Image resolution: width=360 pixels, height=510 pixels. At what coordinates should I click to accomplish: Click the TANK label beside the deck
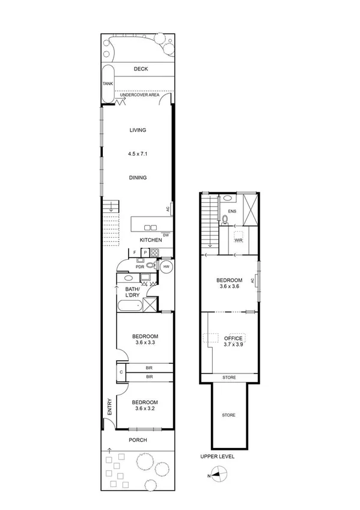pyautogui.click(x=108, y=84)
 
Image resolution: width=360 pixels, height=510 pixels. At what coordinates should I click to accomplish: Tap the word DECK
pyautogui.click(x=141, y=70)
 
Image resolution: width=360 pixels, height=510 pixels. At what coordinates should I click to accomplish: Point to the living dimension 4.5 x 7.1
pyautogui.click(x=138, y=154)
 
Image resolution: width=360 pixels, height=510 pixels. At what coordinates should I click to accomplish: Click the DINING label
pyautogui.click(x=138, y=177)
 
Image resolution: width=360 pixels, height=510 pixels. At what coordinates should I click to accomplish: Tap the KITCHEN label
pyautogui.click(x=151, y=241)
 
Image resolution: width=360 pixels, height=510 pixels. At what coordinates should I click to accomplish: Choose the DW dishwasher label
pyautogui.click(x=166, y=235)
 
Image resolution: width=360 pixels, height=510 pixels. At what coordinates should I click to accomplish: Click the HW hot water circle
pyautogui.click(x=166, y=265)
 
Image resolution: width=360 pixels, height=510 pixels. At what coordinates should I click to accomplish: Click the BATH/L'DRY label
pyautogui.click(x=132, y=293)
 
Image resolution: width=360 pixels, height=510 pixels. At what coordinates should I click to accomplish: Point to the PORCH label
pyautogui.click(x=138, y=440)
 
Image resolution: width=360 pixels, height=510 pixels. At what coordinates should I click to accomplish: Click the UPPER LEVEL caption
pyautogui.click(x=218, y=456)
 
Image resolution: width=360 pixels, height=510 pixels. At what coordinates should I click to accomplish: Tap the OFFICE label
pyautogui.click(x=233, y=338)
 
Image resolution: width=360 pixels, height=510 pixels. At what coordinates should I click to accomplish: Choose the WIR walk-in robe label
pyautogui.click(x=238, y=241)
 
